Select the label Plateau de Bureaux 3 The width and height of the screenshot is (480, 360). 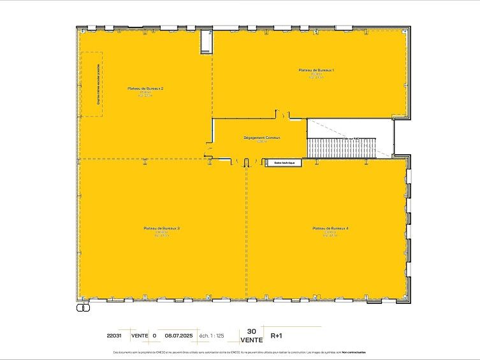[x=161, y=228]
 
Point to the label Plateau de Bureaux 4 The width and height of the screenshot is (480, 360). [x=330, y=228]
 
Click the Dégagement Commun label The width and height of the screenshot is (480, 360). [x=262, y=138]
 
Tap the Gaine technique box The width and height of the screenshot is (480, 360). [x=284, y=163]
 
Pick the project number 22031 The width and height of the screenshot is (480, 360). [x=115, y=335]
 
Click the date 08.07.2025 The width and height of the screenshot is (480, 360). [x=178, y=335]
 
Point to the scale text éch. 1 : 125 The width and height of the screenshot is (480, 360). [x=211, y=335]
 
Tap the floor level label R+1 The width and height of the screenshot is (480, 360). [x=277, y=335]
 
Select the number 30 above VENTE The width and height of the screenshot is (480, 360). [x=251, y=331]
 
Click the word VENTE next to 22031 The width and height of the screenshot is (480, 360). [x=139, y=335]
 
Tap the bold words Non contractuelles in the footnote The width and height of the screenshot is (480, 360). [x=354, y=352]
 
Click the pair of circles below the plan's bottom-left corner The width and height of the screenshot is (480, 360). [x=82, y=307]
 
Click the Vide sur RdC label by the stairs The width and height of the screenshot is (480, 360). [x=350, y=138]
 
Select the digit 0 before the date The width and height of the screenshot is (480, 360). [x=154, y=335]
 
